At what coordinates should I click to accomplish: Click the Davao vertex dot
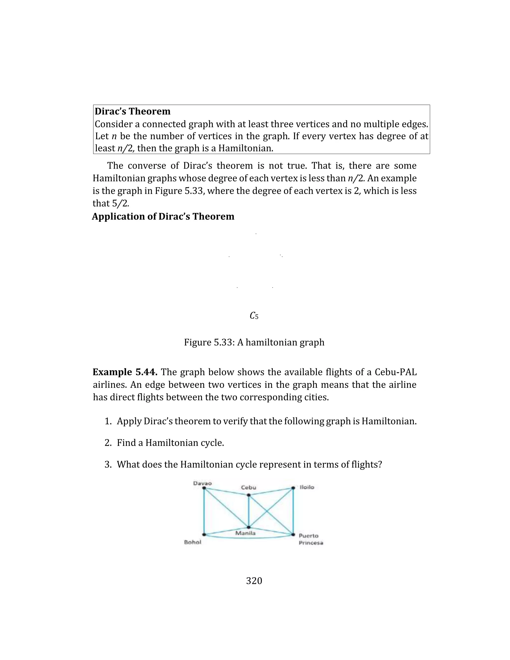coord(204,488)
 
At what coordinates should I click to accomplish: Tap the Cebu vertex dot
coord(248,495)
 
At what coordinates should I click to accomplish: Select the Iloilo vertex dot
coord(293,488)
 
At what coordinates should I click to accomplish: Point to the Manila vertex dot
coord(248,527)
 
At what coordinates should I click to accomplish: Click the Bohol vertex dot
coord(204,534)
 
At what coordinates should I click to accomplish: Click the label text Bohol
coord(192,542)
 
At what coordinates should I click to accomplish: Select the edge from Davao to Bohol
coord(204,511)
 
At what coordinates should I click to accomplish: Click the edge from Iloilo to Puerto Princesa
coord(293,511)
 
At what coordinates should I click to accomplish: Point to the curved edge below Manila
coord(248,538)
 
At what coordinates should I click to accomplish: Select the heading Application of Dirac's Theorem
coord(163,216)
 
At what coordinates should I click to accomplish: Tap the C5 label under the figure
coord(254,316)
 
